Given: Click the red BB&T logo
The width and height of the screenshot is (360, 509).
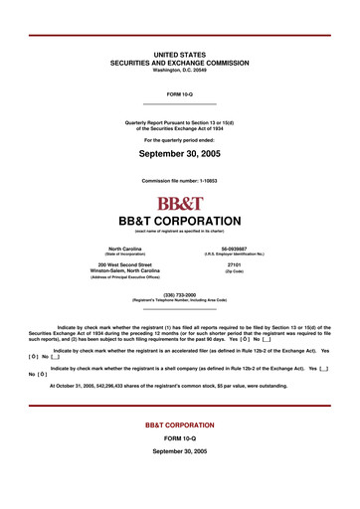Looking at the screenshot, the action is [x=179, y=203].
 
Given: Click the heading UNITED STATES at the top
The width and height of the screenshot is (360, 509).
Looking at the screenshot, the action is [x=180, y=54].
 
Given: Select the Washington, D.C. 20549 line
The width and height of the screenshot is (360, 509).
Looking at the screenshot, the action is [x=180, y=70].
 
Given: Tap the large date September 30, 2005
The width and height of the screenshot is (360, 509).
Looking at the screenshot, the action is [x=180, y=155].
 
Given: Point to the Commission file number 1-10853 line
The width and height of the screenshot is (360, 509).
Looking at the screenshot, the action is [x=180, y=181].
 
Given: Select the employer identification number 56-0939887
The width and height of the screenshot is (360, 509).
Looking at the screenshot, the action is [x=235, y=249].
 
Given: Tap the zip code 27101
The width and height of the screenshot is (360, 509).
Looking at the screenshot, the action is [x=235, y=264].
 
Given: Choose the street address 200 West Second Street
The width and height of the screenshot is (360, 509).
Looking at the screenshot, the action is [x=125, y=264].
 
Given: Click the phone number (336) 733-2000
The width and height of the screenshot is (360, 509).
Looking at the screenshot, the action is [x=180, y=294].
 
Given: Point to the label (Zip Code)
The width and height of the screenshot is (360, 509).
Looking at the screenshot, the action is [x=235, y=271].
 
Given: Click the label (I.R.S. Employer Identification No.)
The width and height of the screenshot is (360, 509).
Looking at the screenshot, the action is [x=235, y=254].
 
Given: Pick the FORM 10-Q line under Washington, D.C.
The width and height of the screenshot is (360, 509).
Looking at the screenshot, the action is [x=180, y=93].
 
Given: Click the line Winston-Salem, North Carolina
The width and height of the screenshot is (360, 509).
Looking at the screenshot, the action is [x=125, y=270].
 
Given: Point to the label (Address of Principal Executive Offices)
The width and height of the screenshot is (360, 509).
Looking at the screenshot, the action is [x=125, y=277].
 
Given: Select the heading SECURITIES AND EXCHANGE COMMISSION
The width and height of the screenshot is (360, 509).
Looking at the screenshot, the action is [x=180, y=62].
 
